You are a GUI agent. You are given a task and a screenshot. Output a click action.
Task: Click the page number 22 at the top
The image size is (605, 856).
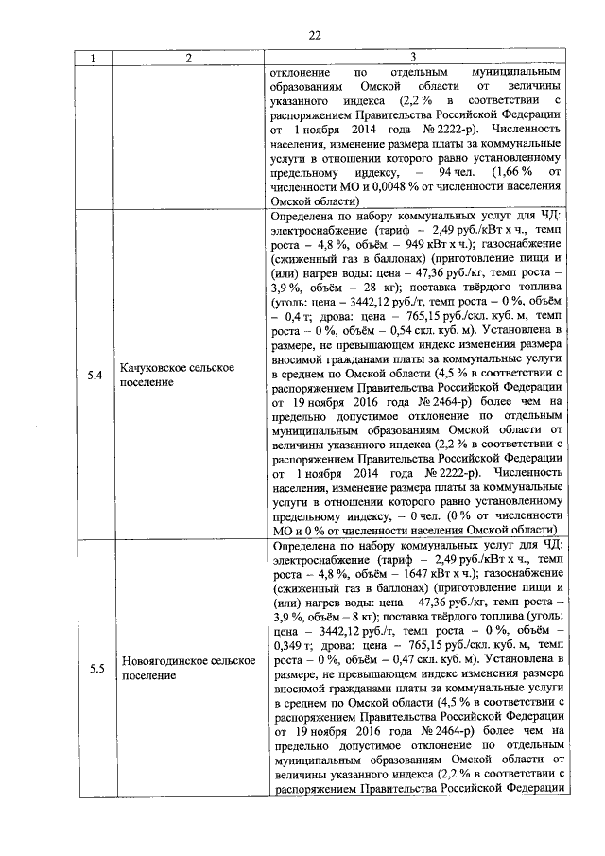click(316, 36)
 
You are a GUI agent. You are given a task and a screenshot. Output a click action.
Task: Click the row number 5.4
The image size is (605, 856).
click(94, 376)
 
